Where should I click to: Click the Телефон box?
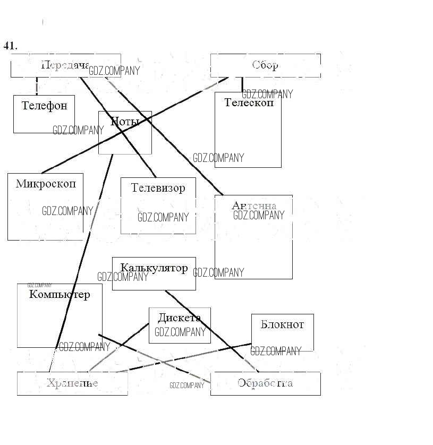44,114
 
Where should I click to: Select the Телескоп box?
248,130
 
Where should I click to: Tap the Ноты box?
125,133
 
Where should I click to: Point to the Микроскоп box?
45,207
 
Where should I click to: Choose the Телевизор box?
158,206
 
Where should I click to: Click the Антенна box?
253,237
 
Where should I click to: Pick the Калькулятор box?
154,273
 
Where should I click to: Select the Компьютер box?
60,315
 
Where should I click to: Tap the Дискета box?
180,325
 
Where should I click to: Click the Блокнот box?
282,332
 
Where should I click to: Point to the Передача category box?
65,65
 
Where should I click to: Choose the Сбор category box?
265,65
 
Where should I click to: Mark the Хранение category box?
72,383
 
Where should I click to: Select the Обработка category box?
265,383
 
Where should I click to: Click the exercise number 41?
10,46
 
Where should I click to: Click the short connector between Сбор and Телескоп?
242,84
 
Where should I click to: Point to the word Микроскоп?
46,184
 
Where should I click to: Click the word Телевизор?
158,188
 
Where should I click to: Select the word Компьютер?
60,294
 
